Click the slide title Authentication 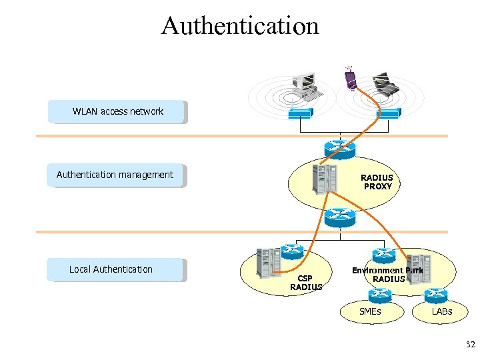click(x=240, y=26)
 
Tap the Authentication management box click(x=116, y=175)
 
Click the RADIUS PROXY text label click(x=377, y=182)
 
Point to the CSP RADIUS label click(x=305, y=282)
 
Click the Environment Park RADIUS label click(x=388, y=275)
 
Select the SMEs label click(x=370, y=311)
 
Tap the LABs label click(x=441, y=311)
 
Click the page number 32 click(x=470, y=345)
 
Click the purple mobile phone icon click(x=350, y=78)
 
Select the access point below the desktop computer click(x=302, y=114)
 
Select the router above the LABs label click(x=435, y=294)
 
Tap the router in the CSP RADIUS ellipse click(x=292, y=251)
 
